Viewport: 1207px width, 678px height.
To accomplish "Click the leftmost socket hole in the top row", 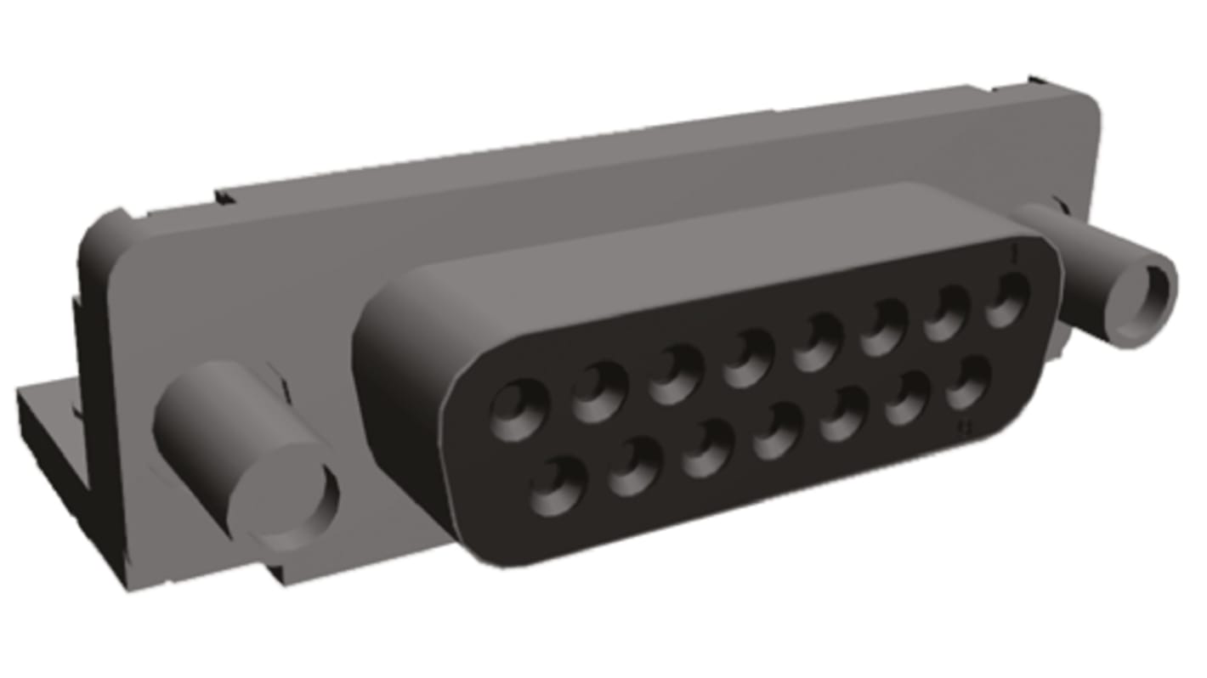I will pyautogui.click(x=518, y=410).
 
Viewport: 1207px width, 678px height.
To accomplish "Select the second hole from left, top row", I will pyautogui.click(x=599, y=391).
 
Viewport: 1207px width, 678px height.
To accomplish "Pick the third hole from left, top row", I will pyautogui.click(x=676, y=373).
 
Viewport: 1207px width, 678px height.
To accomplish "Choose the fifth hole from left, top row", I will pyautogui.click(x=818, y=341).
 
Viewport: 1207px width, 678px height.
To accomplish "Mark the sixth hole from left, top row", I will pyautogui.click(x=884, y=326).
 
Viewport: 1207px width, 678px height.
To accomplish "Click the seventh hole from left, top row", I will pyautogui.click(x=947, y=313).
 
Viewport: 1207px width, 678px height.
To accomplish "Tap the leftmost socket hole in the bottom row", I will pyautogui.click(x=558, y=486).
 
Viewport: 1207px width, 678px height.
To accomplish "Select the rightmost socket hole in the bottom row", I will pyautogui.click(x=969, y=382).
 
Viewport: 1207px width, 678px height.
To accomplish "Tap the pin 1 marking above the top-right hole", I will pyautogui.click(x=1015, y=253).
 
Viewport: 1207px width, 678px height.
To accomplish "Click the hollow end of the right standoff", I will pyautogui.click(x=1151, y=293).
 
